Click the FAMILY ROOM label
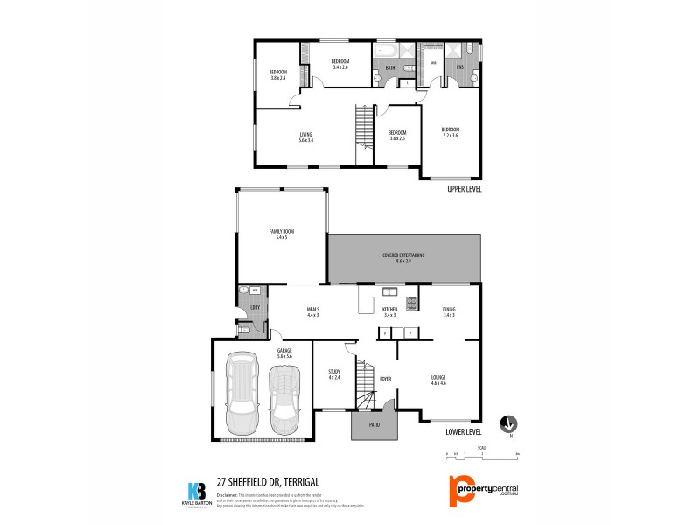tap(282, 234)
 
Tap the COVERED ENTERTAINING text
tap(403, 257)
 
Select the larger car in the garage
tap(241, 391)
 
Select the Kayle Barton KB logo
tap(198, 492)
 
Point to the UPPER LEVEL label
tap(464, 188)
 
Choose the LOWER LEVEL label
tap(463, 431)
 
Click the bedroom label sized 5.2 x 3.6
tap(451, 132)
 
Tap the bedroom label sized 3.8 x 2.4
tap(278, 74)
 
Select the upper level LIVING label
tap(305, 137)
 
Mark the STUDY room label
tap(333, 374)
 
